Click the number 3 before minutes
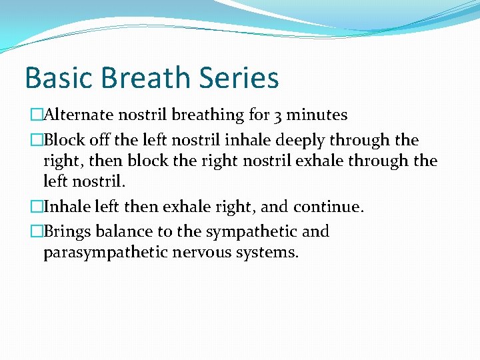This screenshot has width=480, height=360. pos(277,115)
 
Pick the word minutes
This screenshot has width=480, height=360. pos(317,115)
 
